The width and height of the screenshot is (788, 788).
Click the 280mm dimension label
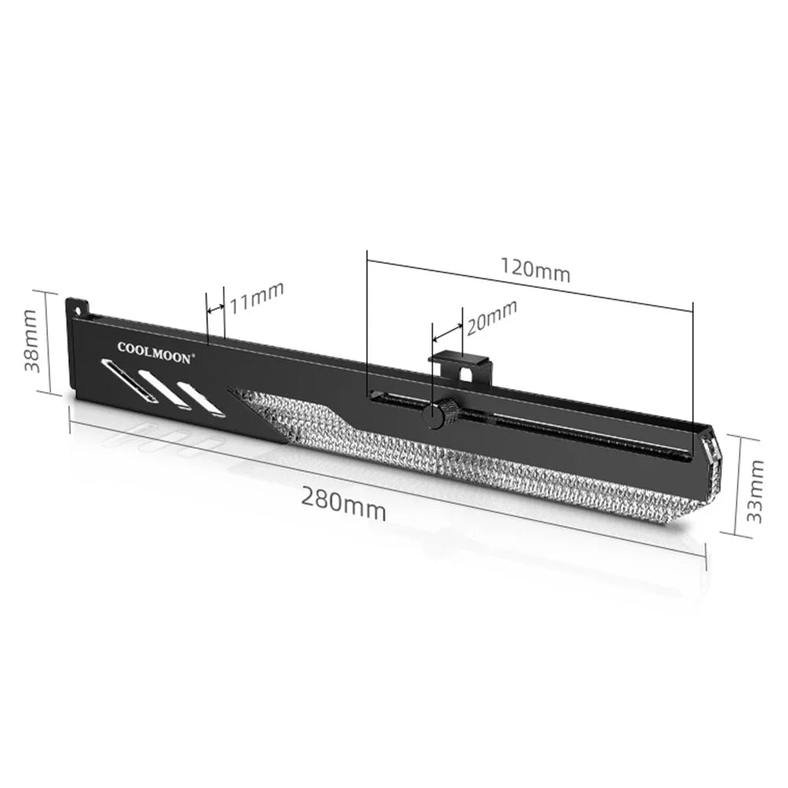[343, 504]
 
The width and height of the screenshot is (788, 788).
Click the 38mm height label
[31, 342]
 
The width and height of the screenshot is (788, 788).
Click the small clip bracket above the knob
[461, 367]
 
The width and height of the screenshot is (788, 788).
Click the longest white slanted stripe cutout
[128, 381]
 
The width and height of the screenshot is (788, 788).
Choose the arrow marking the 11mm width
[215, 309]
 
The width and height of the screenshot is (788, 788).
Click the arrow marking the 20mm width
[447, 327]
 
